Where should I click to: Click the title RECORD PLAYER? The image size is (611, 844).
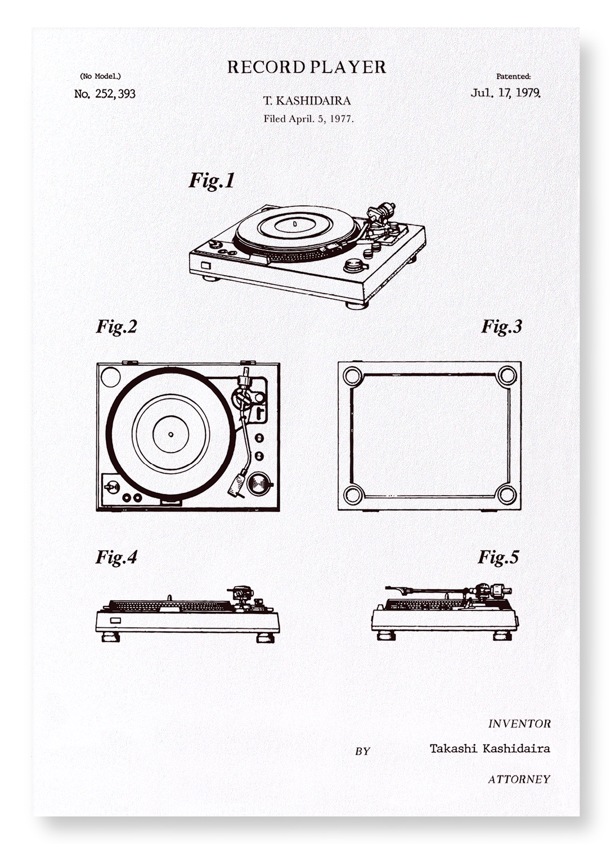pos(307,67)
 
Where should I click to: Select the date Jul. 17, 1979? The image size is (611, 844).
pos(505,93)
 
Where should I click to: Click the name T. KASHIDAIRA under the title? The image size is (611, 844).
pos(307,101)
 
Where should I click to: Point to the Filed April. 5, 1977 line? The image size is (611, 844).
pos(308,119)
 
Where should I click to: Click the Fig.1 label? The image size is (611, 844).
pos(211,181)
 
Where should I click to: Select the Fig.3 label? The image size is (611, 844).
pos(501,327)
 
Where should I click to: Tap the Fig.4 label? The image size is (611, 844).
pos(116,557)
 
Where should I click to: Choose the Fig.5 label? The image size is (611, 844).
pos(498,557)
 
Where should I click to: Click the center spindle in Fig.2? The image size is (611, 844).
pos(170,434)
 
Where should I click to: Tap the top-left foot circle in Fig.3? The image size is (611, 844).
pos(353,375)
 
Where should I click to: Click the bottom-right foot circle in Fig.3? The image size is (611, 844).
pos(506,495)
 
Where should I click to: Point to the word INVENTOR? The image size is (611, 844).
pos(519,724)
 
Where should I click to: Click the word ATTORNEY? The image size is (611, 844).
pos(519,779)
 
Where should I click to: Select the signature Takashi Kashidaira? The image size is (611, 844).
pos(489,748)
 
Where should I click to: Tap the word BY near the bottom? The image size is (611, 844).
pos(362,751)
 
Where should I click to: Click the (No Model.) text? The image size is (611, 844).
pos(100,76)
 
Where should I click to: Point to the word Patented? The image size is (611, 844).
pos(513,77)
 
